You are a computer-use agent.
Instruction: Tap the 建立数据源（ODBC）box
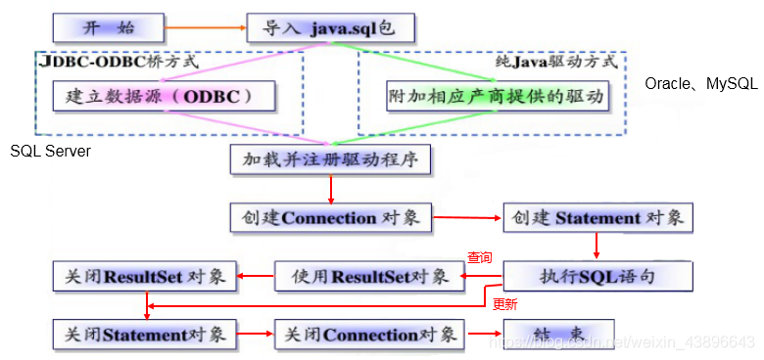tap(164, 97)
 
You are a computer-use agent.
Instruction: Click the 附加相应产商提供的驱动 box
tap(497, 97)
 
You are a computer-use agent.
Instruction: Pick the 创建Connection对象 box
tap(330, 217)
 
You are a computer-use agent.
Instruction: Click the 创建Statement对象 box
tap(597, 217)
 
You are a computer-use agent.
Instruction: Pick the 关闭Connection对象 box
tap(367, 335)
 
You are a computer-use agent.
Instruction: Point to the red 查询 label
tap(479, 258)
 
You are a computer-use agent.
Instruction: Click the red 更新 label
tap(504, 304)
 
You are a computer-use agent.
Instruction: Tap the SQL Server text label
tap(50, 152)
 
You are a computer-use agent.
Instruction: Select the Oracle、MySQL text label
tap(700, 84)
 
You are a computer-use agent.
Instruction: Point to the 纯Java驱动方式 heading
tap(554, 62)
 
